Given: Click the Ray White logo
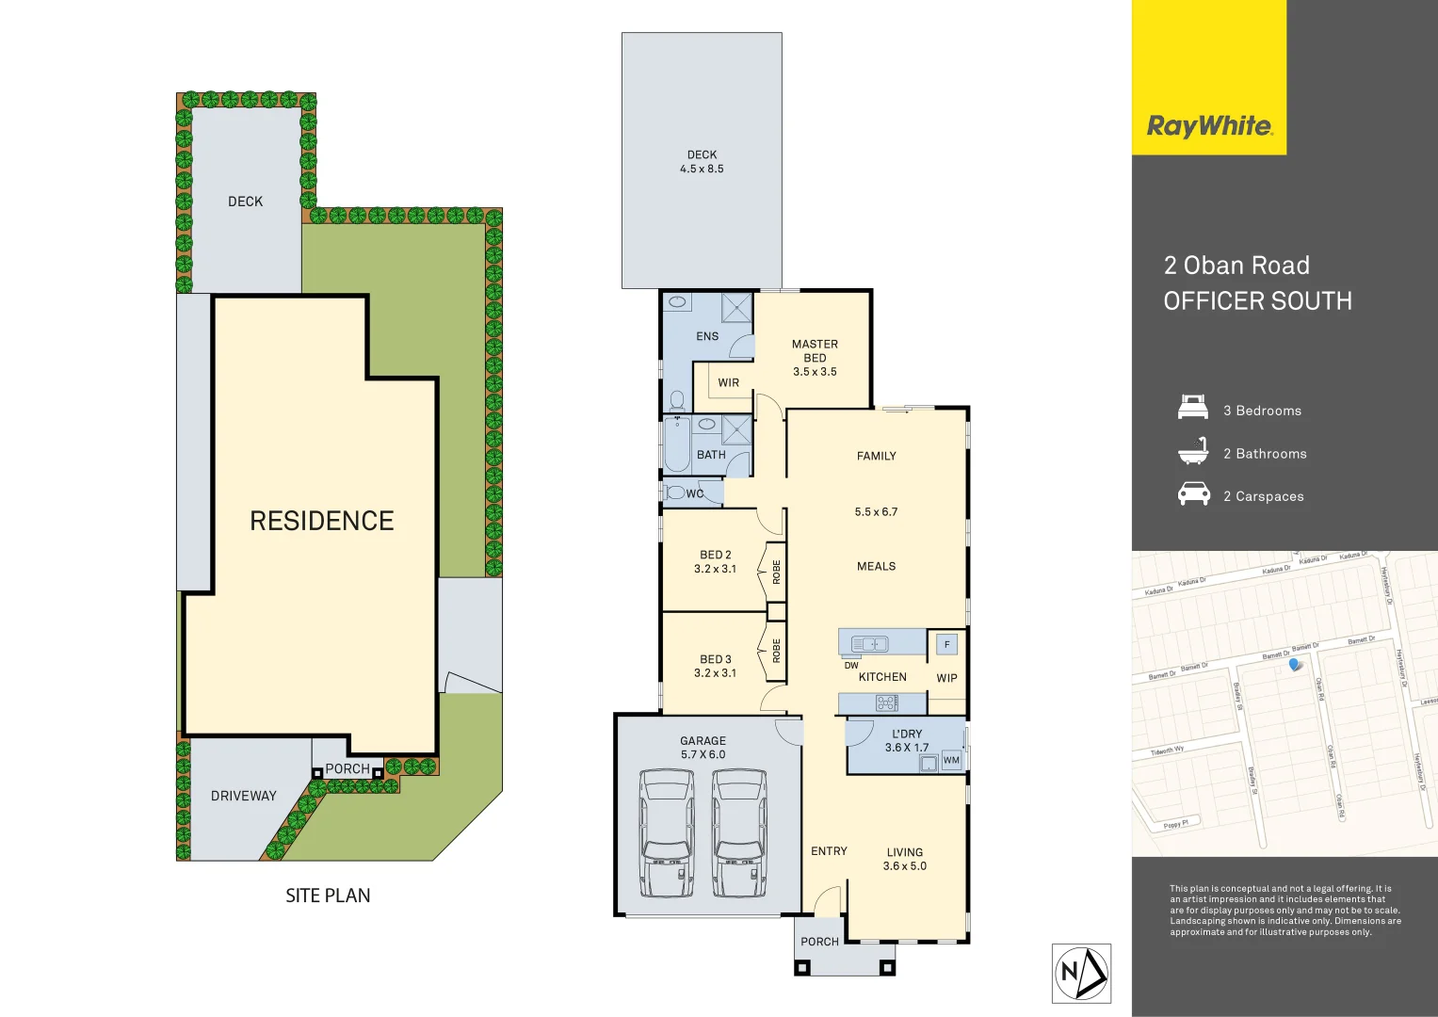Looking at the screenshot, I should click(x=1209, y=126).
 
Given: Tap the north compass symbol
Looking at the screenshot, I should click(x=1081, y=973).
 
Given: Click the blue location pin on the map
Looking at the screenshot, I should click(x=1296, y=665).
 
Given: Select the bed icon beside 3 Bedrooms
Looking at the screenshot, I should click(x=1193, y=410).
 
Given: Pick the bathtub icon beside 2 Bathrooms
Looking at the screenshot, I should click(x=1193, y=452).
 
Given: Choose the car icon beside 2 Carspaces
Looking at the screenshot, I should click(x=1193, y=494).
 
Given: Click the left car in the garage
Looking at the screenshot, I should click(x=667, y=833).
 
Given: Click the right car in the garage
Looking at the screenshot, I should click(x=739, y=833).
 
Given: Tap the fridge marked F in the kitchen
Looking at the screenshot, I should click(x=946, y=645).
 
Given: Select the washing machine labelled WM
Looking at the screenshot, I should click(x=951, y=760).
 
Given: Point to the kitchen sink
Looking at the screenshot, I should click(x=869, y=644).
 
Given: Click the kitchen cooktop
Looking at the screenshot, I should click(x=886, y=702).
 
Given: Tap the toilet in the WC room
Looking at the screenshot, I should click(x=675, y=492).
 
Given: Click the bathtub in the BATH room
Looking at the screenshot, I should click(x=676, y=446).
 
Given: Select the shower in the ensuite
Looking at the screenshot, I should click(x=736, y=308).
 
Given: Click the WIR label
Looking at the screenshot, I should click(x=728, y=382).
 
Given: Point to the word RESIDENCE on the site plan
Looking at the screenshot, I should click(x=321, y=521).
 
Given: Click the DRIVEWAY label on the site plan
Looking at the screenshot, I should click(x=243, y=796).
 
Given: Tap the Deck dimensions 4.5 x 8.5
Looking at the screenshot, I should click(x=702, y=169).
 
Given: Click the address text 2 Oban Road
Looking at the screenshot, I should click(x=1236, y=266).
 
